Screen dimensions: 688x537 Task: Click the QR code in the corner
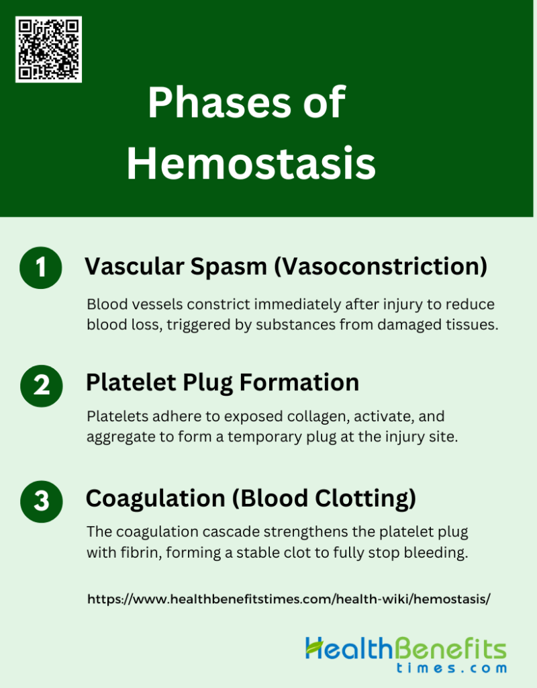point(48,50)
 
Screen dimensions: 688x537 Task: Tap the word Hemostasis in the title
point(251,164)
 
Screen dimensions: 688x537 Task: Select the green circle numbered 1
point(42,267)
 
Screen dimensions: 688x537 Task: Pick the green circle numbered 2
point(42,385)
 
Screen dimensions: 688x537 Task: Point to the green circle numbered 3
point(42,501)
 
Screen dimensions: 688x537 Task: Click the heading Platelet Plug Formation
point(222,383)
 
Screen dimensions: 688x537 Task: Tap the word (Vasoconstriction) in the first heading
point(379,267)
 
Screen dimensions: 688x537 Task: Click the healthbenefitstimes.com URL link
point(289,599)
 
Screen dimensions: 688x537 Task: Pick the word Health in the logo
point(348,648)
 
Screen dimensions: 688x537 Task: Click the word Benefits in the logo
point(450,648)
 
